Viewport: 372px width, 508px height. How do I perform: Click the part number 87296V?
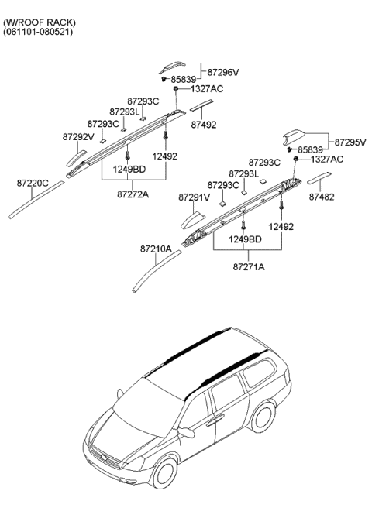(223, 72)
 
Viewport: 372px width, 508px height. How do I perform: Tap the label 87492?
(204, 124)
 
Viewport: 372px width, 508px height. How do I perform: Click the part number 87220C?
(33, 183)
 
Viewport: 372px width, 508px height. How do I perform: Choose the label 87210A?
(157, 249)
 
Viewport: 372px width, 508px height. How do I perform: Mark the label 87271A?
(249, 266)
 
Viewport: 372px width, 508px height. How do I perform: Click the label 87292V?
(77, 137)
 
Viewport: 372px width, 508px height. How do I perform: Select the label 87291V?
(195, 197)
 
